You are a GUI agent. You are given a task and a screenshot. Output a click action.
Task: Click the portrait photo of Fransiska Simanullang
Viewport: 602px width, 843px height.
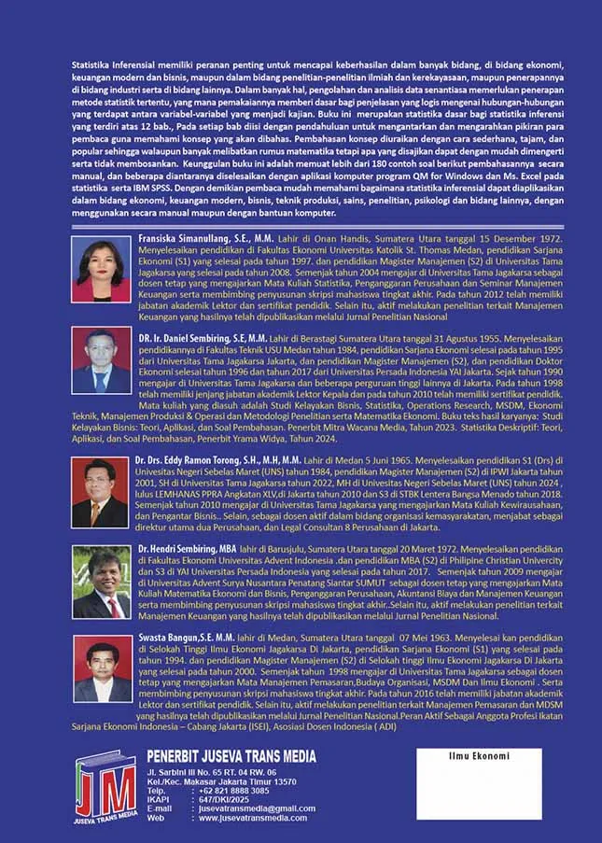point(101,271)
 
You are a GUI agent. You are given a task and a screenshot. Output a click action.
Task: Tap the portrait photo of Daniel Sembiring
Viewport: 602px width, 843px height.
point(101,360)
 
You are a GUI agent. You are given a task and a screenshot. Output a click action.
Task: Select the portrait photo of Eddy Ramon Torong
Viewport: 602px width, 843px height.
point(101,493)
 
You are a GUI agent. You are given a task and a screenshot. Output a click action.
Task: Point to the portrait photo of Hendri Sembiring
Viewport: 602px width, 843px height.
point(101,583)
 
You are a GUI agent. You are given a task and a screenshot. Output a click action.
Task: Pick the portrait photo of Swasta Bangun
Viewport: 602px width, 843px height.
point(101,670)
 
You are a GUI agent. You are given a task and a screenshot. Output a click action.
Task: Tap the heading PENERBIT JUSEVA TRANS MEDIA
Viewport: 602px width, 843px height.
point(231,756)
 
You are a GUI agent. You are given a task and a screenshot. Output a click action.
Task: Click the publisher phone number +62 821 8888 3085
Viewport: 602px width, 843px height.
point(234,790)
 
